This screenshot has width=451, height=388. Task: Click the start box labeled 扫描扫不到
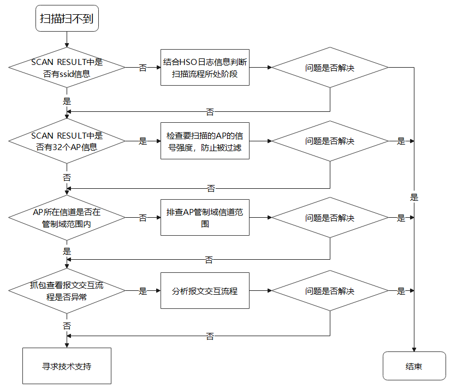[x=67, y=18]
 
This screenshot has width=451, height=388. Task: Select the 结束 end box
[x=414, y=366]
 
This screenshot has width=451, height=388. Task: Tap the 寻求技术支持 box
[x=67, y=366]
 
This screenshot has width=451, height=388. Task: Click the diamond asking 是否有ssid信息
[x=67, y=68]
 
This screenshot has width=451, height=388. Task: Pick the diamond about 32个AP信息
[x=67, y=141]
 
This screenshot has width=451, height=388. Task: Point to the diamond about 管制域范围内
[x=67, y=218]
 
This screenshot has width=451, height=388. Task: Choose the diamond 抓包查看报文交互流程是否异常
[x=67, y=291]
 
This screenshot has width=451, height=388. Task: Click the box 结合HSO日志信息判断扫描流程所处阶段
[x=205, y=68]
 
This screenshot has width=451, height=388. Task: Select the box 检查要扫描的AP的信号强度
[x=205, y=141]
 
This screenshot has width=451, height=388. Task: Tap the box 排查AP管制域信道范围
[x=205, y=218]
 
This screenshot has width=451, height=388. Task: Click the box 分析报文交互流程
[x=205, y=291]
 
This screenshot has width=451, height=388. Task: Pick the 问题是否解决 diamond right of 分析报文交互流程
[x=330, y=291]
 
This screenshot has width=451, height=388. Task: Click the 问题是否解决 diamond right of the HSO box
[x=330, y=68]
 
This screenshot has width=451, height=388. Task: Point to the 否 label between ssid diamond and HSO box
[x=143, y=68]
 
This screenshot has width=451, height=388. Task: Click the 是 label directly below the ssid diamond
[x=67, y=101]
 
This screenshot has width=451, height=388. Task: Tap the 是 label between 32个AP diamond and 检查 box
[x=143, y=141]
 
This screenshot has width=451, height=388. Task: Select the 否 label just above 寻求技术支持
[x=67, y=326]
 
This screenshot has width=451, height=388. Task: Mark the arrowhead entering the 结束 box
[x=414, y=350]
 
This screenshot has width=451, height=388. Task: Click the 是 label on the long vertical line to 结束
[x=414, y=198]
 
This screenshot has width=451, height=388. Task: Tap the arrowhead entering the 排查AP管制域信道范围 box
[x=158, y=218]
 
